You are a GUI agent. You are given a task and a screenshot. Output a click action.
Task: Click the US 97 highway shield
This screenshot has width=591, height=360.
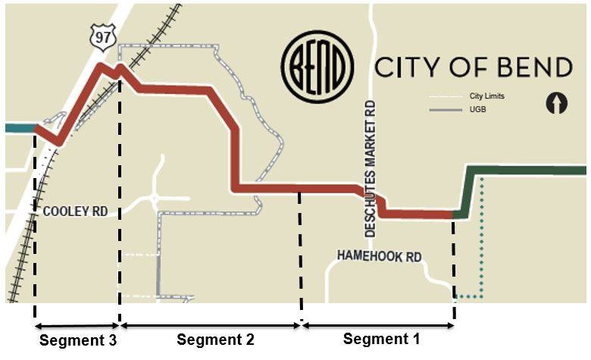pyautogui.click(x=101, y=36)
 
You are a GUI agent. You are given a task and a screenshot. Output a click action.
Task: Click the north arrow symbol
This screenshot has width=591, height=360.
pyautogui.click(x=557, y=102)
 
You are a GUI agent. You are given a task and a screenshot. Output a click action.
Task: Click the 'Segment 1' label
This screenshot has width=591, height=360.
pyautogui.click(x=381, y=338)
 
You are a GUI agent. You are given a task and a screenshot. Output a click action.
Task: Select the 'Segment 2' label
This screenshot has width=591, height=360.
pyautogui.click(x=215, y=339)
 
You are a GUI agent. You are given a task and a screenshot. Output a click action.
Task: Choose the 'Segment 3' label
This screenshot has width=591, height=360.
pyautogui.click(x=78, y=340)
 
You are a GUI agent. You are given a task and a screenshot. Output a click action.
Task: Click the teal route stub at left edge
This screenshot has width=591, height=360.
pyautogui.click(x=18, y=128)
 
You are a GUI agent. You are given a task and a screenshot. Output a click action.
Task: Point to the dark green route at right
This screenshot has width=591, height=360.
pyautogui.click(x=530, y=170)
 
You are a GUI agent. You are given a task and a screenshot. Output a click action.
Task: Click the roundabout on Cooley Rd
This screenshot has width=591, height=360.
pyautogui.click(x=154, y=199)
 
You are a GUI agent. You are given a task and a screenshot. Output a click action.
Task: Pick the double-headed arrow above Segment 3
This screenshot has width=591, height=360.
pyautogui.click(x=77, y=325)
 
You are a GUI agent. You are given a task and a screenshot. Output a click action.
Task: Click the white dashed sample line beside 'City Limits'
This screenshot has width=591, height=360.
pyautogui.click(x=446, y=97)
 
